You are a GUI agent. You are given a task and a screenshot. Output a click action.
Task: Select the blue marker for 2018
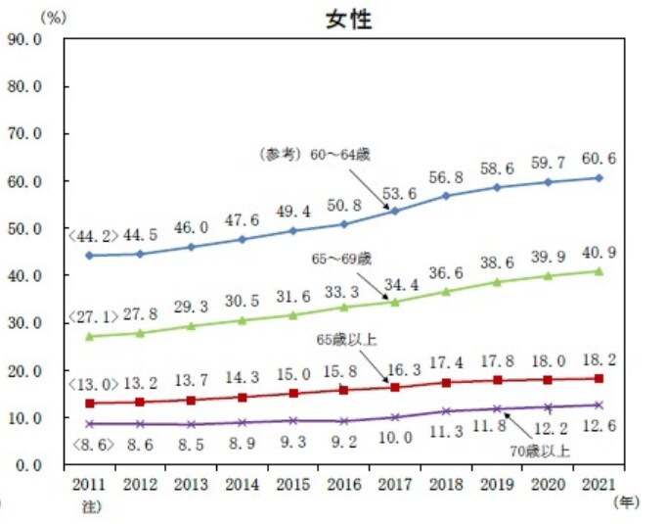click(447, 196)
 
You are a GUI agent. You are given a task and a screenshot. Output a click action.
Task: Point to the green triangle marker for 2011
click(90, 336)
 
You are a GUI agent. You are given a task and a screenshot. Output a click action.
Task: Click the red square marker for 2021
click(599, 379)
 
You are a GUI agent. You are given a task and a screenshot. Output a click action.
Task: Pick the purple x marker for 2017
click(395, 417)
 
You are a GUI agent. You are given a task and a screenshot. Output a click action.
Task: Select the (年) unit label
click(626, 502)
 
